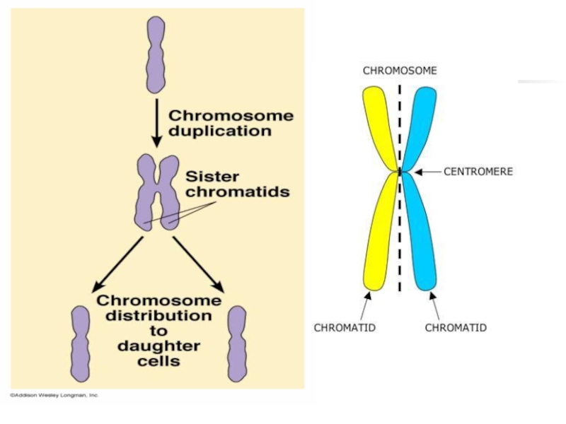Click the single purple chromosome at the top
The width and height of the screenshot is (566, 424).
155,54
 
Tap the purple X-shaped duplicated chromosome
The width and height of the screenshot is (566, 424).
158,193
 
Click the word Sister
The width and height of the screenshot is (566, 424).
212,176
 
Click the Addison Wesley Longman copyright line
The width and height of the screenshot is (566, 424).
54,395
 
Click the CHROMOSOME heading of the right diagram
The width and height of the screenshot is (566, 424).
400,71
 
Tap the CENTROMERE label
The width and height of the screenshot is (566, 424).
478,171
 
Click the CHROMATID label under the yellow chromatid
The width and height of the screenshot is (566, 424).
345,328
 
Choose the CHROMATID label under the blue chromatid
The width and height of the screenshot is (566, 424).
456,328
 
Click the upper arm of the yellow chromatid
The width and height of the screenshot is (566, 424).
379,127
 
